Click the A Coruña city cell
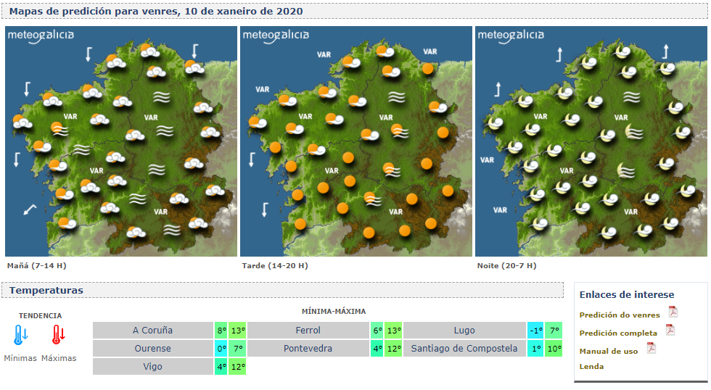coord(152,331)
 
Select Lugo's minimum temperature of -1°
coord(535,331)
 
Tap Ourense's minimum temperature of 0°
coord(222,349)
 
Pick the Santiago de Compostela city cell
coord(464,349)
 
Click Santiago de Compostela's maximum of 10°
coord(554,349)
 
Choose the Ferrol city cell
coord(308,331)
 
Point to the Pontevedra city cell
coord(308,349)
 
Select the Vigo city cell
coord(152,367)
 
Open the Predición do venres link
coord(620,315)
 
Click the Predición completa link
coord(618,333)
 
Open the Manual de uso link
coord(609,352)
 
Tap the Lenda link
coord(591,367)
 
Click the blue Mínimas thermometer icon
coord(20,335)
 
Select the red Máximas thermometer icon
coord(58,335)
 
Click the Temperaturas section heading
coord(46,291)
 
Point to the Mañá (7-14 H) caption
coord(30,266)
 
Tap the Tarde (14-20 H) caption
coord(274,266)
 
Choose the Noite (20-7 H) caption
coord(506,266)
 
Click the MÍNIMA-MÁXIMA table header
coord(334,311)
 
